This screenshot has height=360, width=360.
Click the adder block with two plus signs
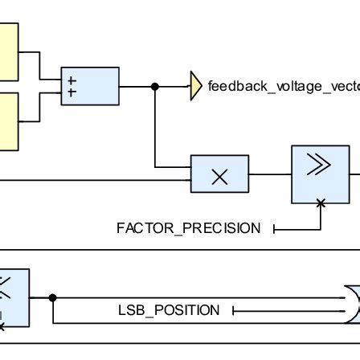[90, 86]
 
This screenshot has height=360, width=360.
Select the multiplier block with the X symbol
[219, 174]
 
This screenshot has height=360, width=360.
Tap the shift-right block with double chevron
[321, 174]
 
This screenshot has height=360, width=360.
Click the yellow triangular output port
[196, 86]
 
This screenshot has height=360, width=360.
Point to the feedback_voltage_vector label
[284, 87]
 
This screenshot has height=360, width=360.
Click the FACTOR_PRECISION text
[189, 228]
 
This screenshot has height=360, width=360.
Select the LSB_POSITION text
[169, 310]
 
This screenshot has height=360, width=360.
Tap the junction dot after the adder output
[155, 87]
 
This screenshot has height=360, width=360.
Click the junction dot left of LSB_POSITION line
[53, 297]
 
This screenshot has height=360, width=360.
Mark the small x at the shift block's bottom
[321, 203]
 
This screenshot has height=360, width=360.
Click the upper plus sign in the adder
[72, 80]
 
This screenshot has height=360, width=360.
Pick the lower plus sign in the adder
[72, 92]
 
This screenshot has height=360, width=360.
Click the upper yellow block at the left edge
[9, 52]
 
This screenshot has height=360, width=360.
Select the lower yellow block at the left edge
[9, 121]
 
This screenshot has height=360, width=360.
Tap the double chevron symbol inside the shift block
[319, 164]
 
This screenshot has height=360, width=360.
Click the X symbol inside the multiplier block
[219, 177]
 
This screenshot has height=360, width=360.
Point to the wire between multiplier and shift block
[270, 174]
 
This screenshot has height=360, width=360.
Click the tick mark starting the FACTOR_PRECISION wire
[274, 229]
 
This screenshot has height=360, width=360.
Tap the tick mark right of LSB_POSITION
[234, 311]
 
